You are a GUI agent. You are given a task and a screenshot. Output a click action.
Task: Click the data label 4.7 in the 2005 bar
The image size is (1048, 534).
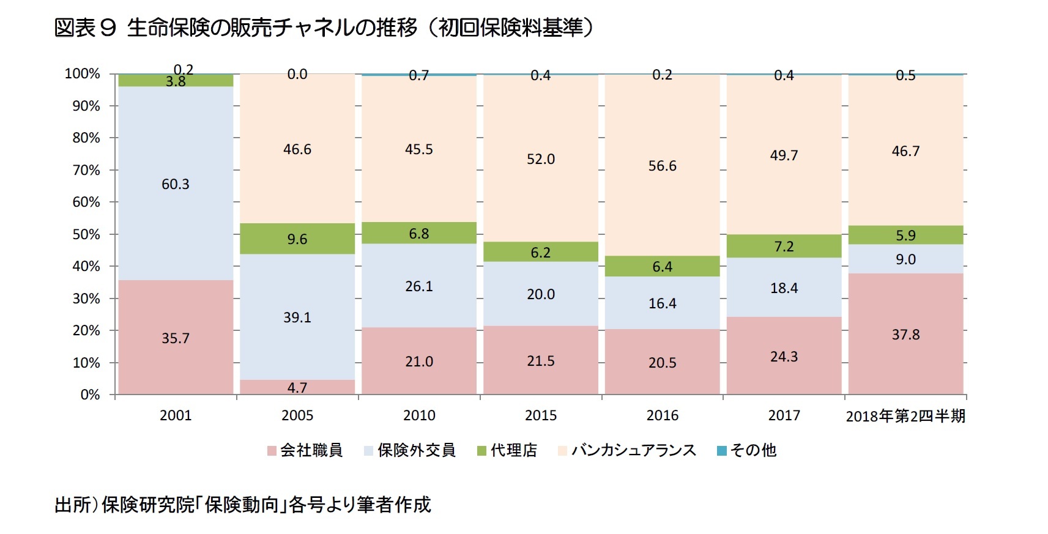297,388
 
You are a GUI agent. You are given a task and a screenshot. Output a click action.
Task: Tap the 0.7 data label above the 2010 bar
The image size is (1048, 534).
419,76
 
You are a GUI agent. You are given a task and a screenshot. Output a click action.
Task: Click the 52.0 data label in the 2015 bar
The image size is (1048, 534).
541,159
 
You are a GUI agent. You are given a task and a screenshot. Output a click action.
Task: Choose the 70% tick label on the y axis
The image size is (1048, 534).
86,170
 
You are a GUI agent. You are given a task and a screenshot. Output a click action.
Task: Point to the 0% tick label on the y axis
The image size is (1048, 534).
90,395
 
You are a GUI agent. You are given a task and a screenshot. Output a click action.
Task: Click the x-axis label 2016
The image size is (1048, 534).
663,415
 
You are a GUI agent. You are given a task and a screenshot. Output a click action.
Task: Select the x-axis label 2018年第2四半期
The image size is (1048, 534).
905,416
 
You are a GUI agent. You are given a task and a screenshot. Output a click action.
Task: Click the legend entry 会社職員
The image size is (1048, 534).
311,450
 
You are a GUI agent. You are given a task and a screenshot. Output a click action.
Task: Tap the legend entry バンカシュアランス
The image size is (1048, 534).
633,450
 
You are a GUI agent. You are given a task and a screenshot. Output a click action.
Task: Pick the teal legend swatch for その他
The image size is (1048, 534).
722,451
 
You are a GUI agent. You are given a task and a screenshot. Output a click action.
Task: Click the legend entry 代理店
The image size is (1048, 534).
513,450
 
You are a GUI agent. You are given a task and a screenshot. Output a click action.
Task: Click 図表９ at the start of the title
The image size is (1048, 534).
85,28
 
